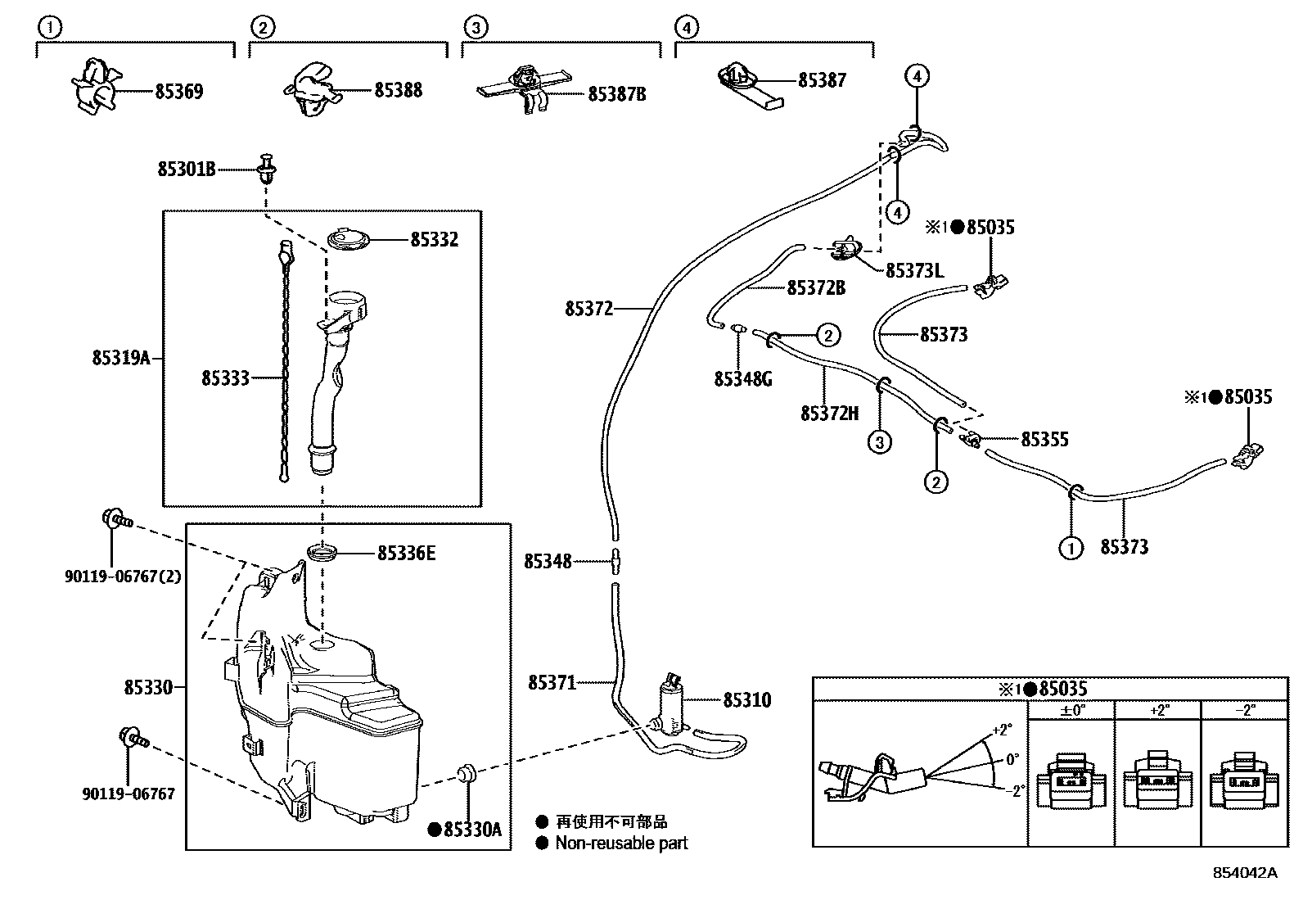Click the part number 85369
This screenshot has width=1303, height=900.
pyautogui.click(x=178, y=92)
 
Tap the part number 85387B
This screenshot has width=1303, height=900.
pyautogui.click(x=617, y=95)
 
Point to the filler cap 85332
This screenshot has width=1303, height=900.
pyautogui.click(x=349, y=240)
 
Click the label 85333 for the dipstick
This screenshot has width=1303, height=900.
pyautogui.click(x=225, y=378)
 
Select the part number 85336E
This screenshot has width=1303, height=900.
pyautogui.click(x=406, y=554)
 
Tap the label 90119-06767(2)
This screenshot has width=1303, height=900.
pyautogui.click(x=123, y=577)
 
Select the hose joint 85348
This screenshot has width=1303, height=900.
pyautogui.click(x=615, y=561)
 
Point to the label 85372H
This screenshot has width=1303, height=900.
pyautogui.click(x=829, y=414)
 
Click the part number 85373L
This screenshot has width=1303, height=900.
pyautogui.click(x=914, y=270)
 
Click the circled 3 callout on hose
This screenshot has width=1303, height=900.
pyautogui.click(x=879, y=442)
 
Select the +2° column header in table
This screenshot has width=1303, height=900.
pyautogui.click(x=1159, y=710)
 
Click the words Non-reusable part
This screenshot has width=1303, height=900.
pyautogui.click(x=621, y=843)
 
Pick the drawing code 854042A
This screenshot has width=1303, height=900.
pyautogui.click(x=1244, y=873)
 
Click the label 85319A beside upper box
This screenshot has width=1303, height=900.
pyautogui.click(x=121, y=358)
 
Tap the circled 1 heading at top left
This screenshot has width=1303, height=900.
pyautogui.click(x=50, y=28)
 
